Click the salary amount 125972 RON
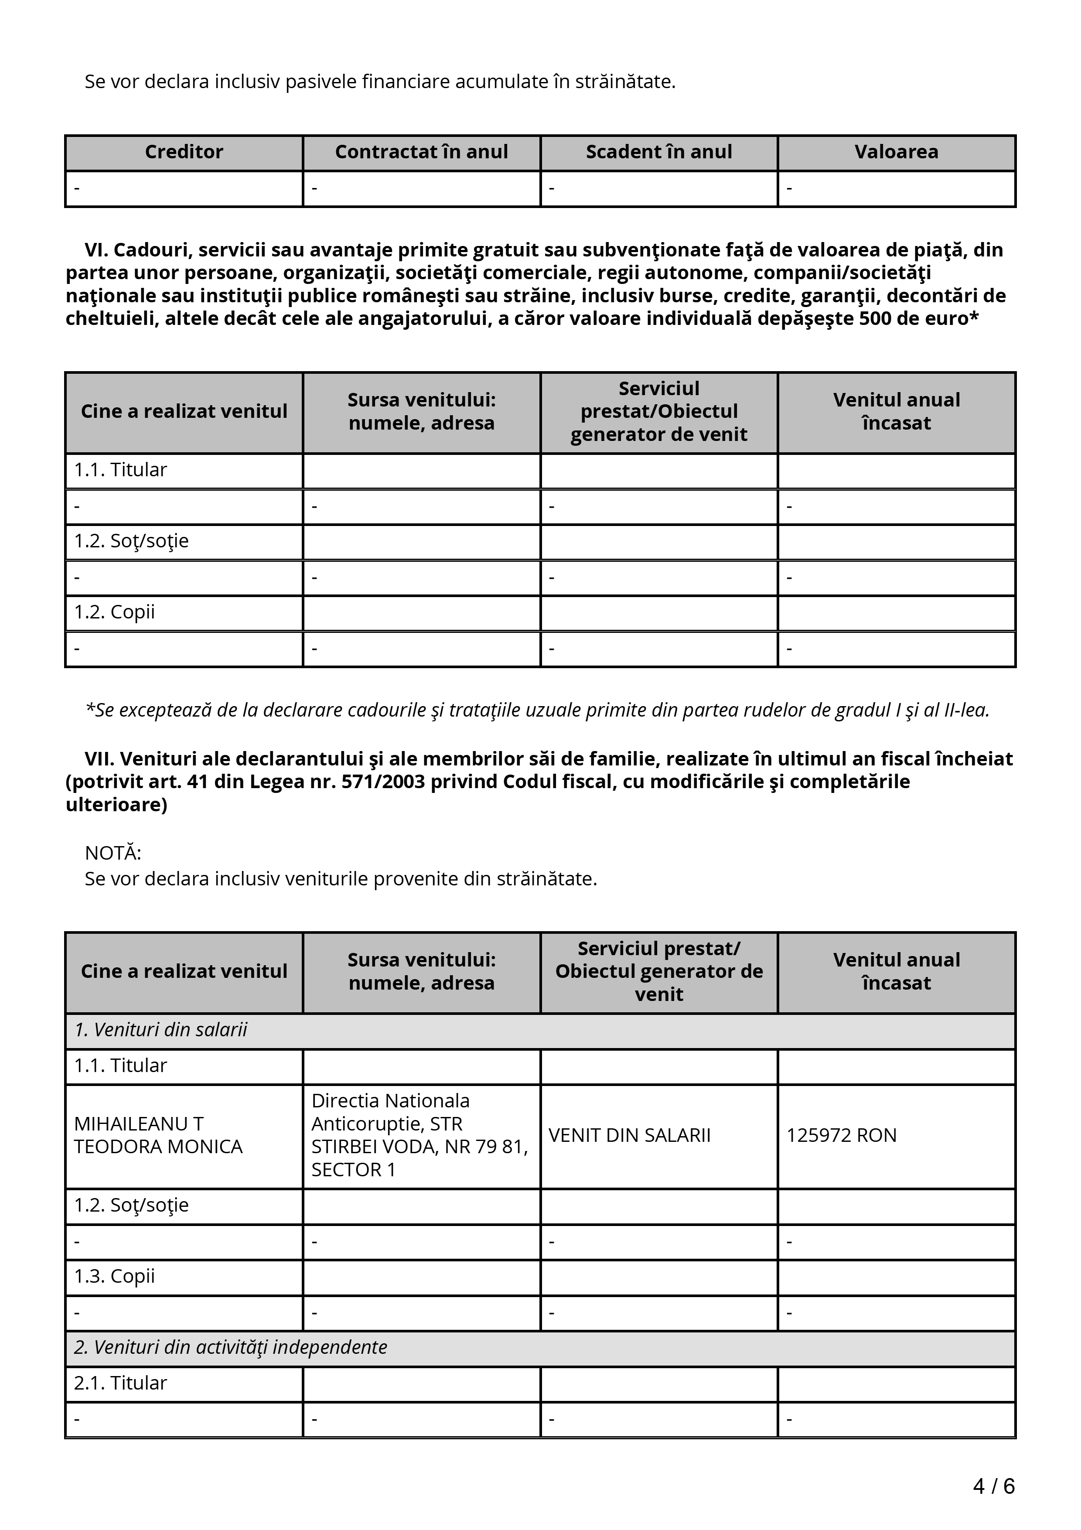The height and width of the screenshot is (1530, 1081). coord(841,1135)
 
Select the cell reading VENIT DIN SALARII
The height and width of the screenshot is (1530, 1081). coord(629,1135)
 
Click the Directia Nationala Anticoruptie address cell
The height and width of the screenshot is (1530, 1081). coord(419,1135)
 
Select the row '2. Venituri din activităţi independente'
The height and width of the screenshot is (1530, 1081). coord(230,1347)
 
